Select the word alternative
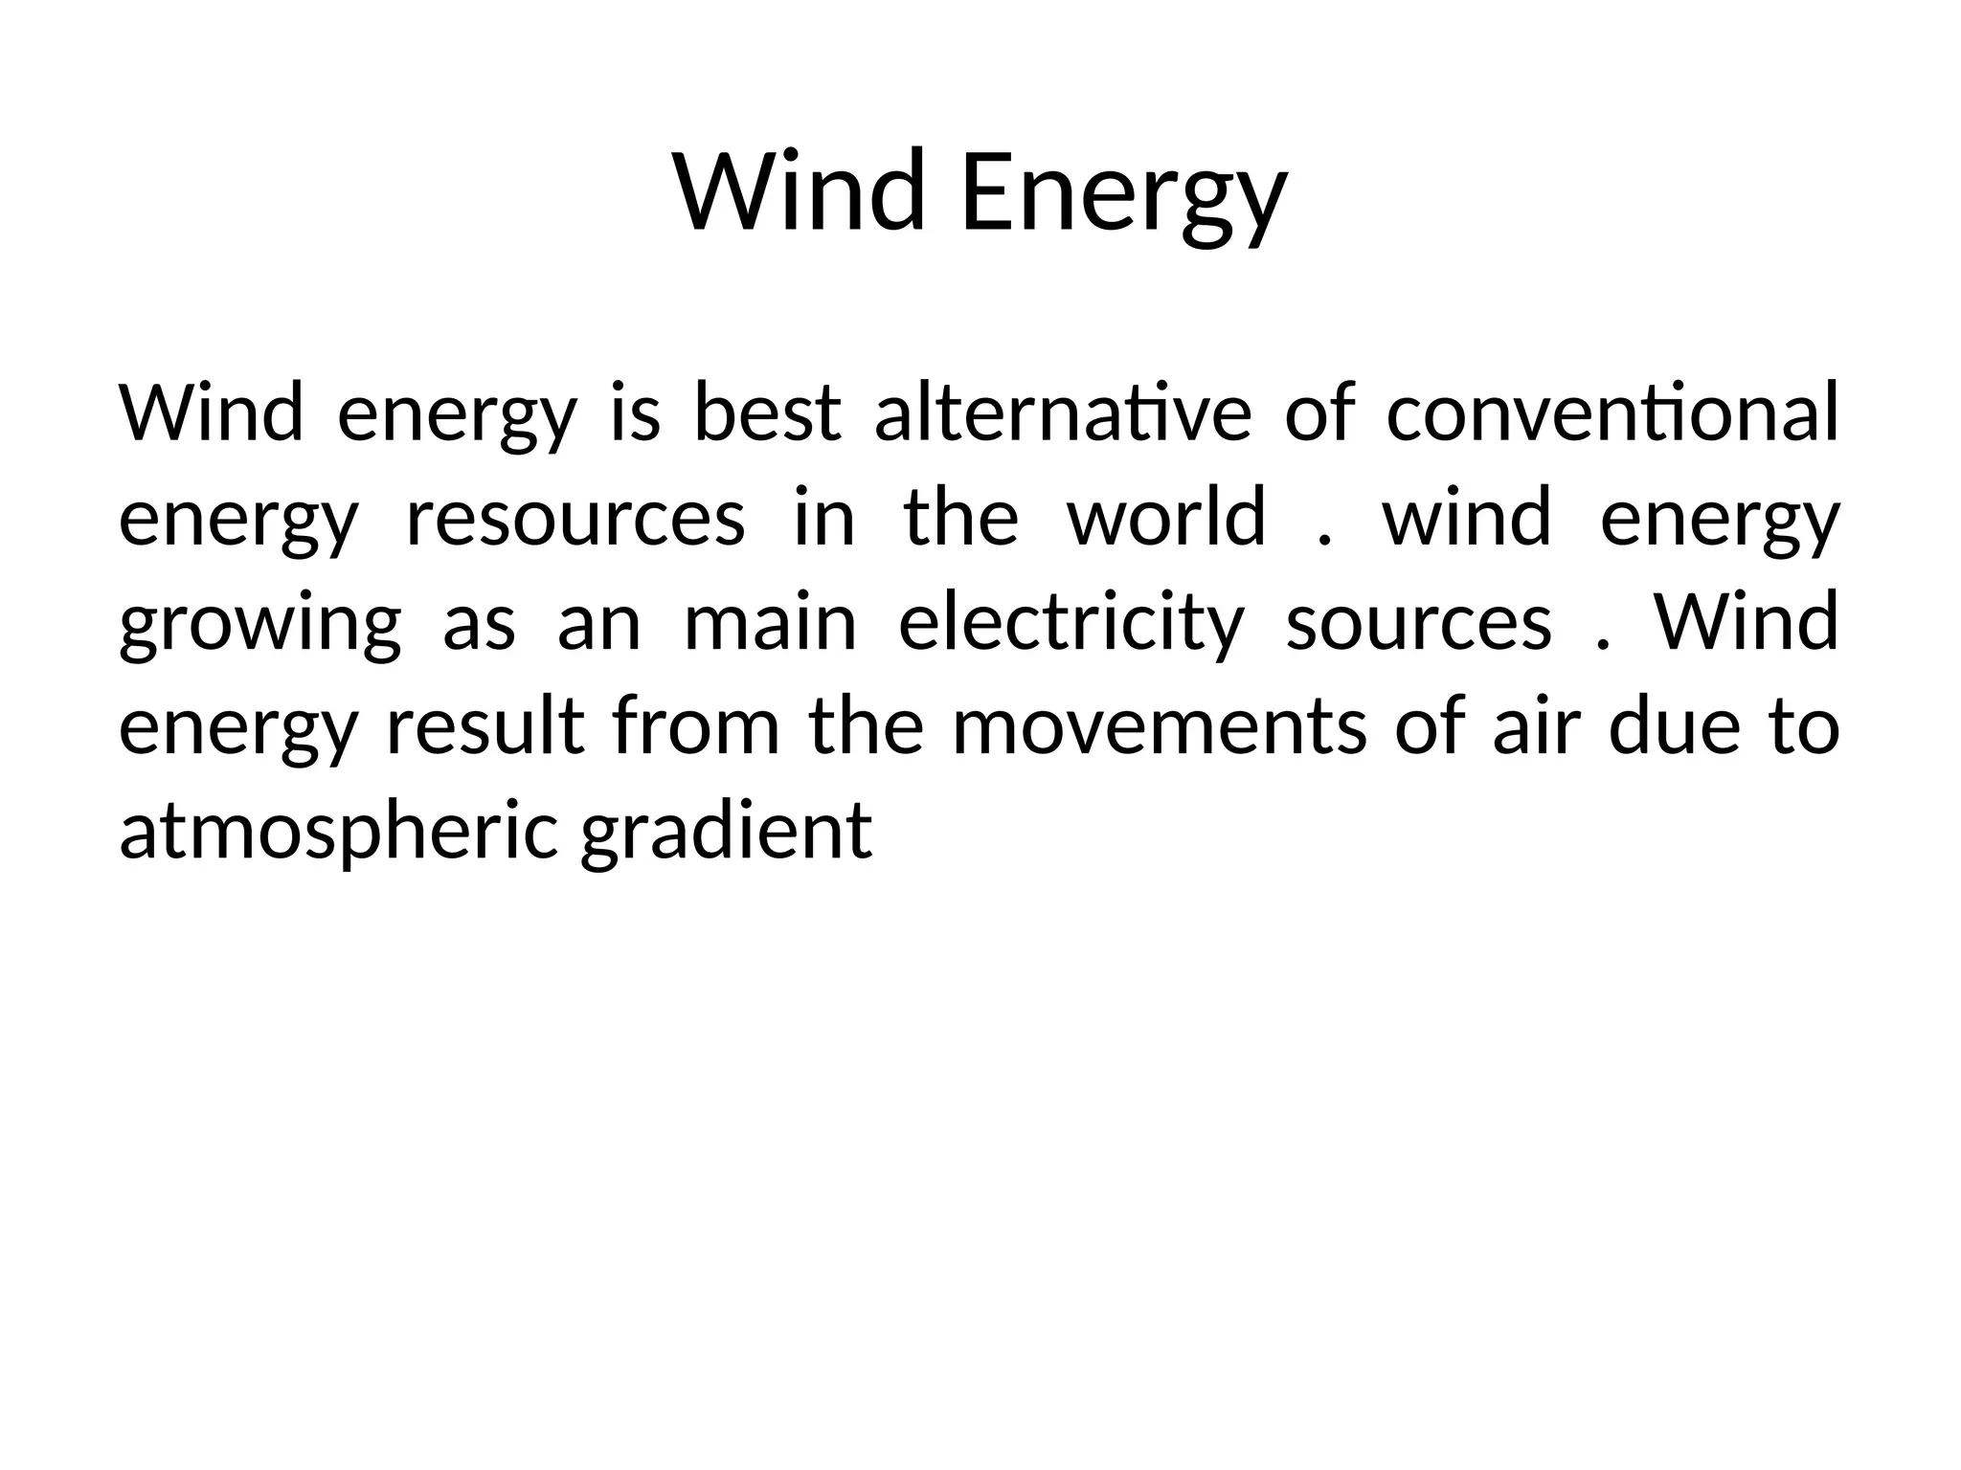click(1063, 412)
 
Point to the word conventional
click(1612, 412)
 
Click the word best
click(767, 412)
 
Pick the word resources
click(575, 518)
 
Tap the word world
click(1166, 518)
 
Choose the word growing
click(259, 623)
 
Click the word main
click(770, 623)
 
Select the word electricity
click(1070, 623)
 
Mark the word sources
click(1418, 623)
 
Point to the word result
click(485, 727)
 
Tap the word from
click(697, 727)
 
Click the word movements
click(1160, 727)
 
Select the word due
click(1674, 727)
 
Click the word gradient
click(727, 831)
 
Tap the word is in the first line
click(635, 412)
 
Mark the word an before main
click(598, 623)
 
